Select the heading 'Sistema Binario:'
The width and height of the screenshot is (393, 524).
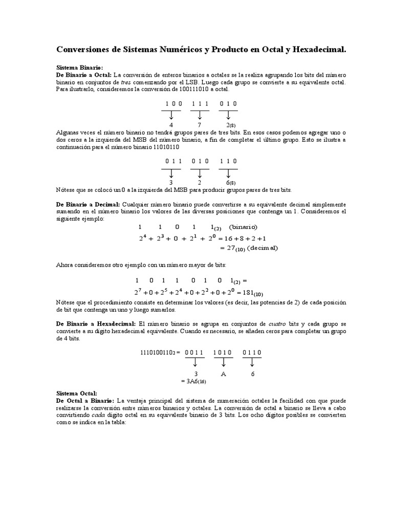click(x=79, y=68)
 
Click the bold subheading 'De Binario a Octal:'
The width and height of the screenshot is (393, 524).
click(x=83, y=75)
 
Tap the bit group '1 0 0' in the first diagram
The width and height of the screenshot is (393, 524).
click(x=173, y=103)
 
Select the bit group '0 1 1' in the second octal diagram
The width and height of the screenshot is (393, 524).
click(x=173, y=161)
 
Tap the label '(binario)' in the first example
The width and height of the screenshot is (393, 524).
click(x=243, y=227)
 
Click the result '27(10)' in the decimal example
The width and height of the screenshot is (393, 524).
click(x=233, y=248)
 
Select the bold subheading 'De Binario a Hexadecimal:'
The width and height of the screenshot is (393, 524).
click(x=96, y=324)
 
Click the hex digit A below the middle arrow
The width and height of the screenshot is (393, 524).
click(x=223, y=374)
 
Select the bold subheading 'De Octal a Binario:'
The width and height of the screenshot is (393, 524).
click(x=85, y=400)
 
